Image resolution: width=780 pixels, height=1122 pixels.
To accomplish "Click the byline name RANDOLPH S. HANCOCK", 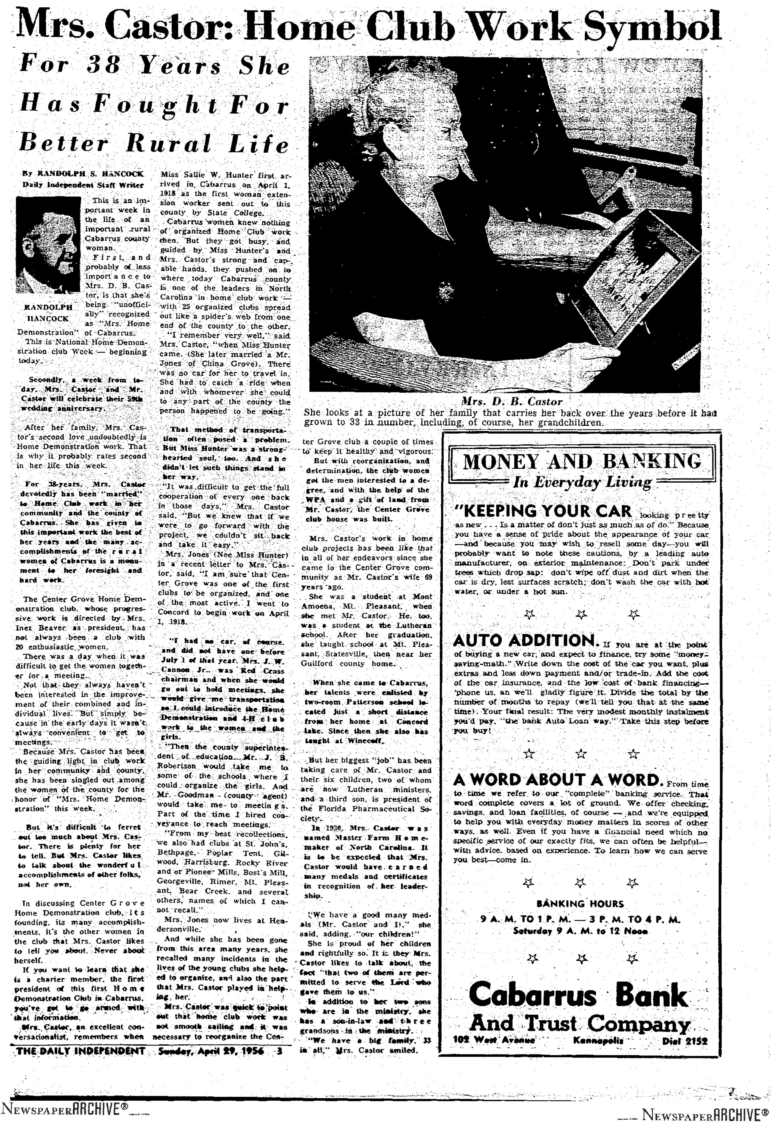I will [85, 174].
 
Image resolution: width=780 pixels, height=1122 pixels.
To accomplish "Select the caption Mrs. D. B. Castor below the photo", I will [512, 402].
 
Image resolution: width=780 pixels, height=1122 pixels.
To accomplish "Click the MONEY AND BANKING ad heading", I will [582, 462].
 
